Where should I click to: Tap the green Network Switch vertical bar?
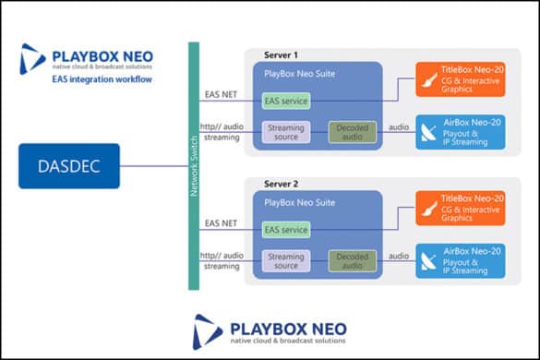click(194, 166)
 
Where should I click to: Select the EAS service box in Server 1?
click(285, 101)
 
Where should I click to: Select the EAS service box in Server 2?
click(285, 229)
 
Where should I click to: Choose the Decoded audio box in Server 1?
click(354, 131)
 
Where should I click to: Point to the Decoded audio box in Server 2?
click(354, 259)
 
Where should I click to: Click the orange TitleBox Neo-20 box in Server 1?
click(458, 79)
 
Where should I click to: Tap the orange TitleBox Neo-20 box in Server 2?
click(458, 208)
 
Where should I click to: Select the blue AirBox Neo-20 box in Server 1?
click(458, 131)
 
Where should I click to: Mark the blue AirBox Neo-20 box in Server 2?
click(458, 259)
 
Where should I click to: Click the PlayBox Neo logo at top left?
click(87, 57)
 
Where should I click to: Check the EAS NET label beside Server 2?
click(222, 222)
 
